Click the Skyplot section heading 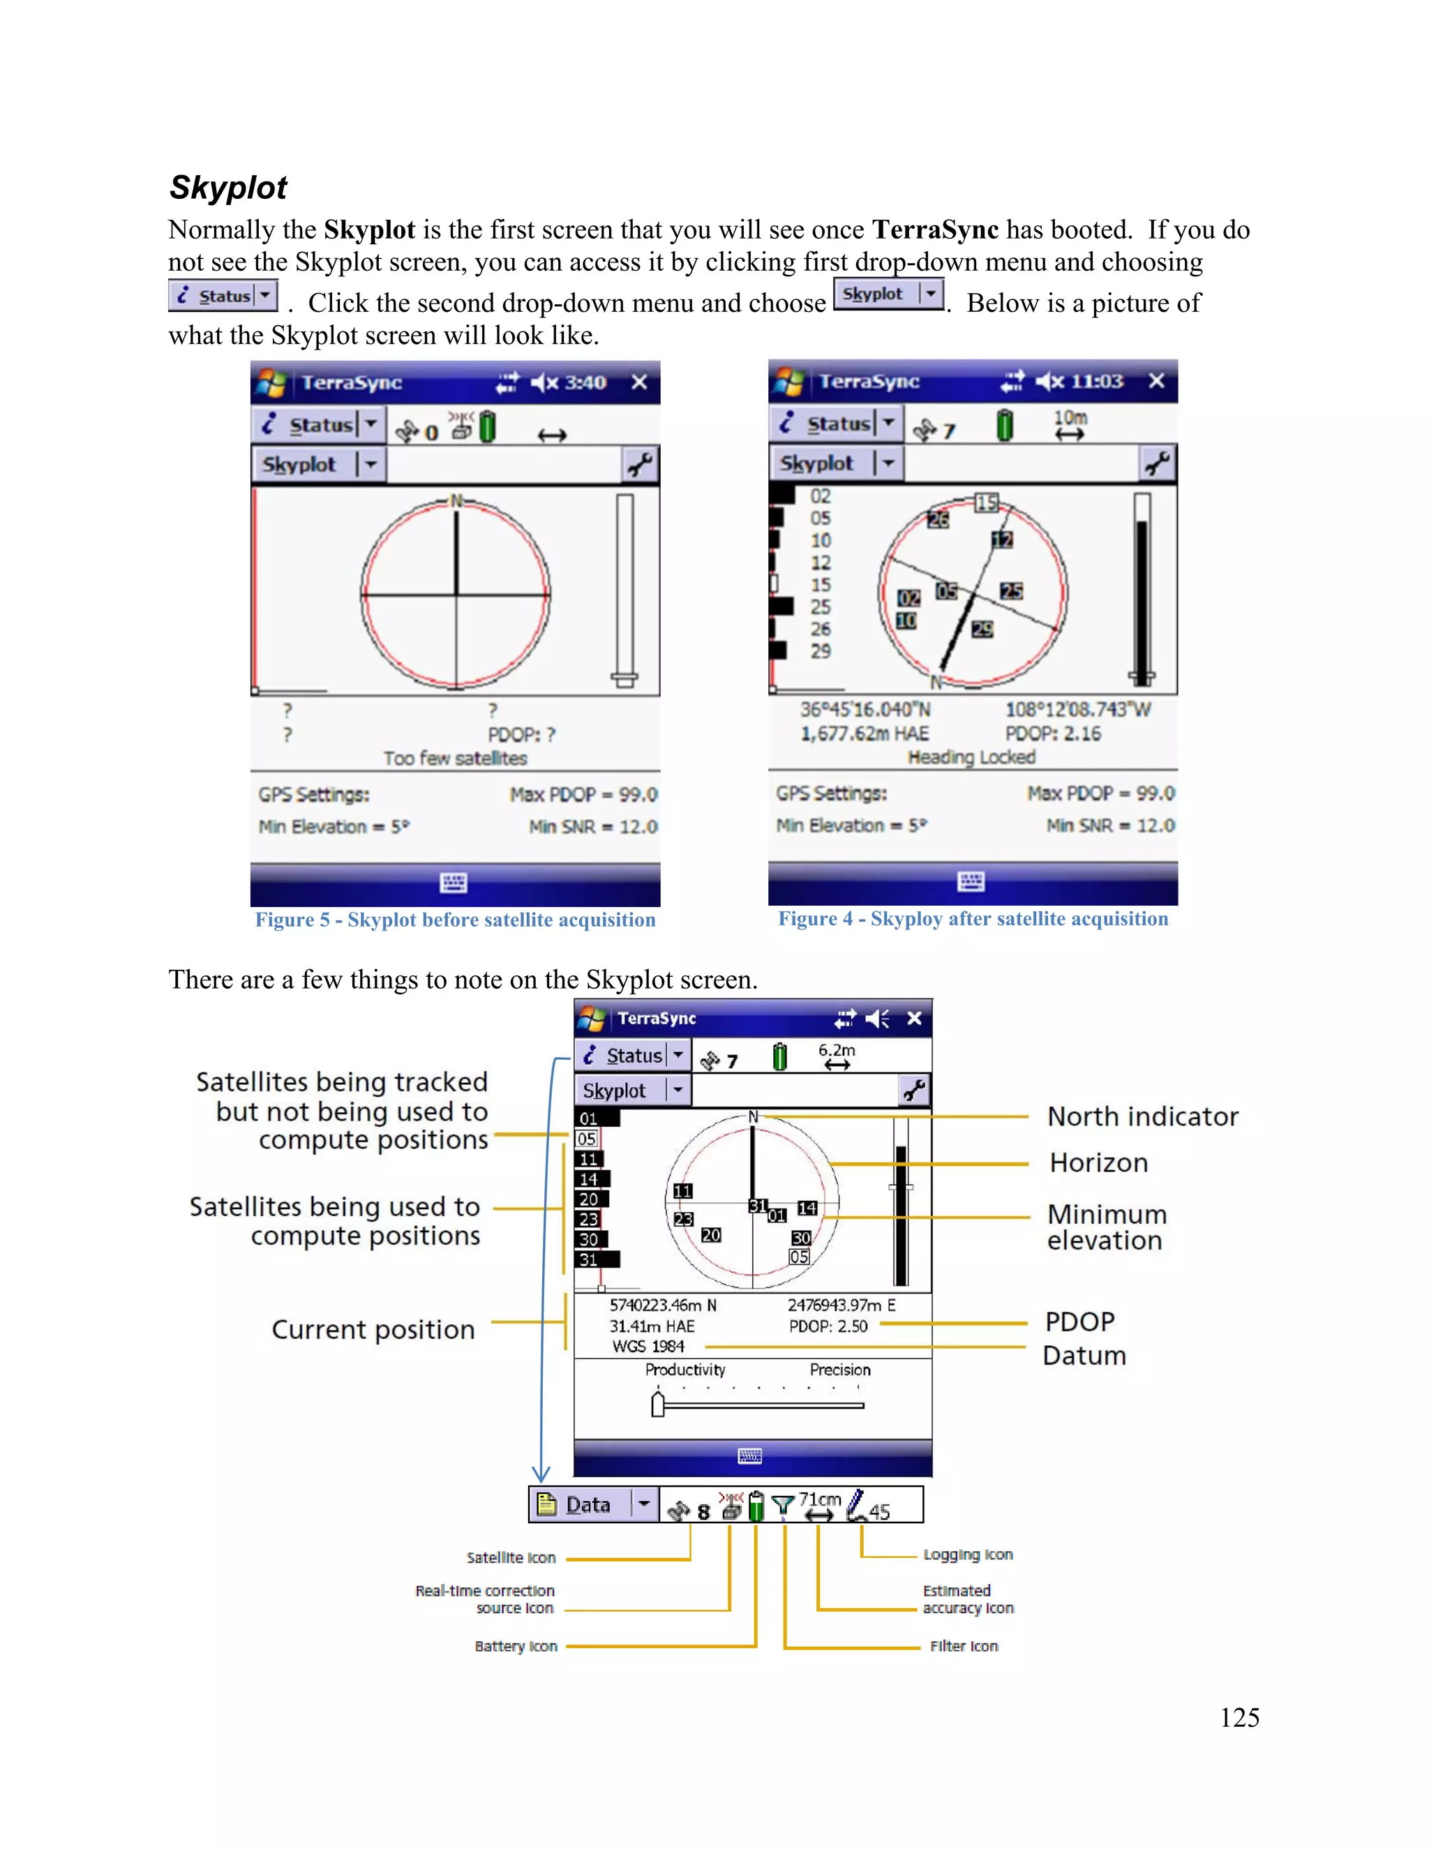(229, 188)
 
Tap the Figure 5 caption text (456, 920)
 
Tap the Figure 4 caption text (973, 919)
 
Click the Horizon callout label (1098, 1162)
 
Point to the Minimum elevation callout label (1107, 1227)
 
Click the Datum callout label (1084, 1356)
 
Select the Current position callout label (373, 1329)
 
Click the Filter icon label (964, 1646)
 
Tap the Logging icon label (968, 1555)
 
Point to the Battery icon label (516, 1646)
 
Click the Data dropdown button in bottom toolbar (644, 1504)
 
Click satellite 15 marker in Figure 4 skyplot (986, 503)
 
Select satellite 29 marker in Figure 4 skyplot (982, 629)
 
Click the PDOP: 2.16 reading (1052, 733)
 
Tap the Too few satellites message (455, 758)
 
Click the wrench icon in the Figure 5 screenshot (639, 465)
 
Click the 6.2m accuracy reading (837, 1050)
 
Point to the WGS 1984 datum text (648, 1346)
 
